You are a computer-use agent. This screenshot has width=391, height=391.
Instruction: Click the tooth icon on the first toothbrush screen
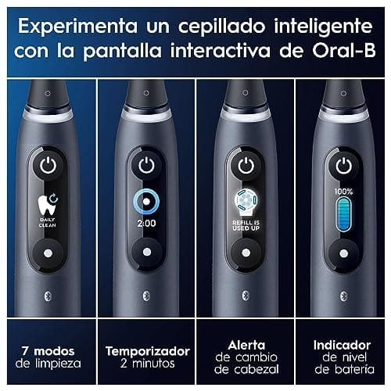[46, 206]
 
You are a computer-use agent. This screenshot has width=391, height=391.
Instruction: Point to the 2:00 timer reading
[145, 224]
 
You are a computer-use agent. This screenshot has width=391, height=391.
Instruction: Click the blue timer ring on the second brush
[145, 199]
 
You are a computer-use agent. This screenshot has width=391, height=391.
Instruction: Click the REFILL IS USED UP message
[244, 225]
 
